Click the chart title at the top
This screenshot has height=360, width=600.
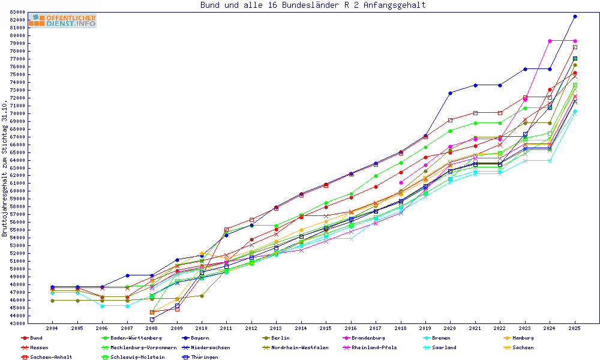(313, 5)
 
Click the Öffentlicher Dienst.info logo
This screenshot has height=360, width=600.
(62, 21)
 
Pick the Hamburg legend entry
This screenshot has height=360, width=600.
(519, 338)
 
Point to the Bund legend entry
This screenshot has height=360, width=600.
(36, 338)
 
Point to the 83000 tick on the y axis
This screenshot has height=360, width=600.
(17, 12)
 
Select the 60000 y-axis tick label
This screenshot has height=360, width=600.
(17, 191)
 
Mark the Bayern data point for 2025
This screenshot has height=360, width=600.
(575, 17)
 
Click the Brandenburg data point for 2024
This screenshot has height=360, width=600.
(550, 41)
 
